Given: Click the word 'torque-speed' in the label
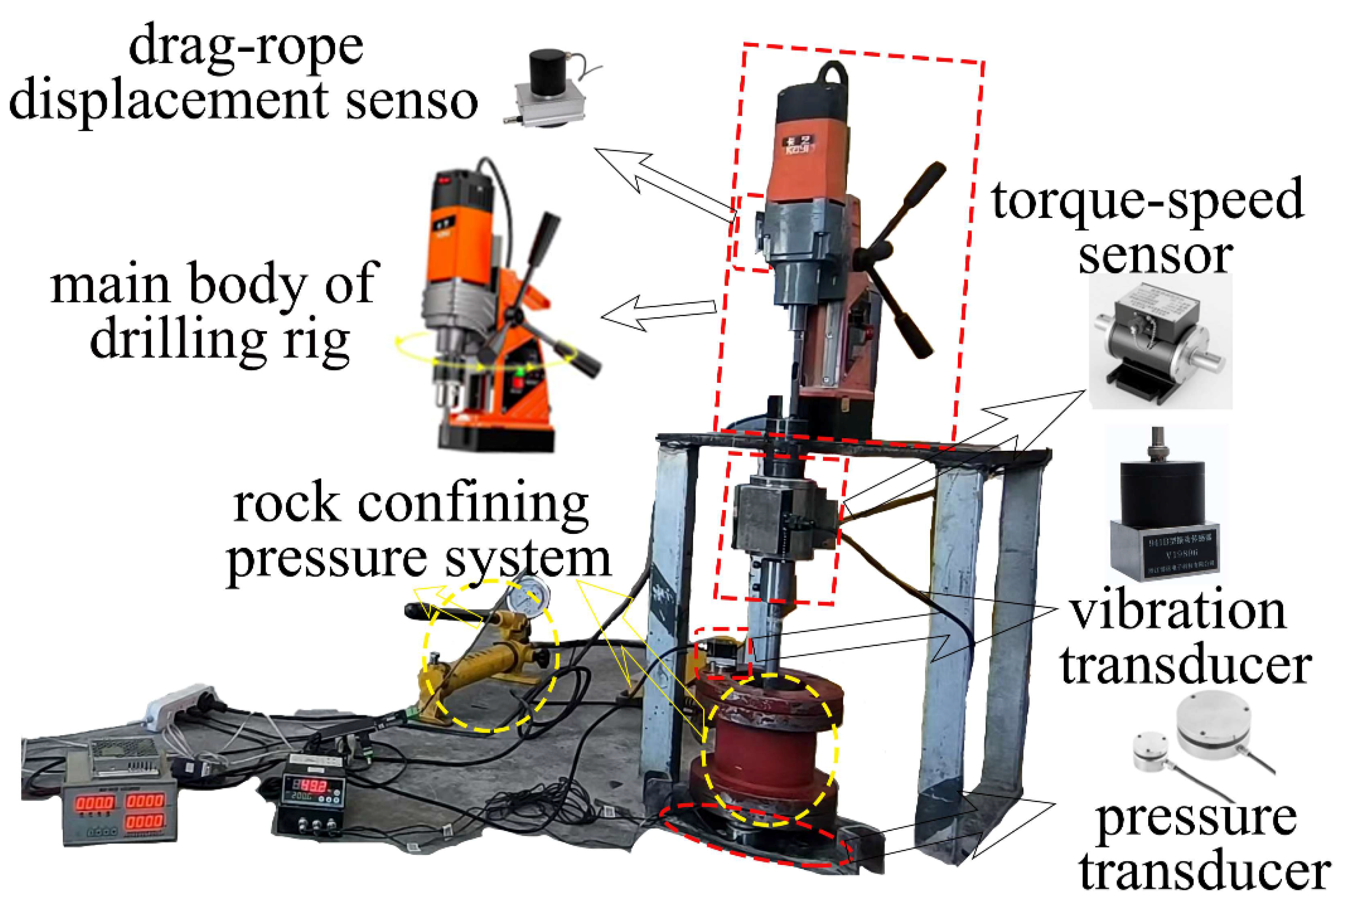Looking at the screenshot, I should [x=1147, y=200].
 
